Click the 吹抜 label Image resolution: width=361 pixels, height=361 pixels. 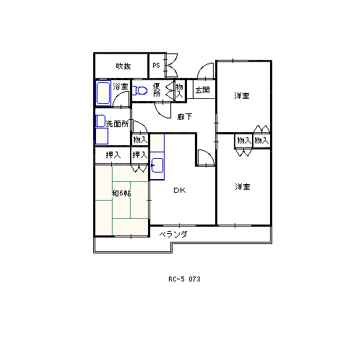(123, 66)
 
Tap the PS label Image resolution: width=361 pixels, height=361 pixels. (156, 66)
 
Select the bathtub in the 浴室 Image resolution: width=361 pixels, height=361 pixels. (103, 93)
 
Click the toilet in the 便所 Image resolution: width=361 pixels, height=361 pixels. (140, 90)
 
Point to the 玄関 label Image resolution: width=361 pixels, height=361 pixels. (202, 90)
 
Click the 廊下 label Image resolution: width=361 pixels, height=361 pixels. (185, 117)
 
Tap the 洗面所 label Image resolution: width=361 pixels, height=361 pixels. (117, 124)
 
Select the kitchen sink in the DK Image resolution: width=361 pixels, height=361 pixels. (157, 165)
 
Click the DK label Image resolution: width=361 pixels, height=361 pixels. (180, 191)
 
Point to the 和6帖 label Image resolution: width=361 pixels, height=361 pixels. (121, 193)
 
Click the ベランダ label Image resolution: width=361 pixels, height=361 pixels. (173, 234)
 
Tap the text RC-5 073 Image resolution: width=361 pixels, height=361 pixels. (184, 279)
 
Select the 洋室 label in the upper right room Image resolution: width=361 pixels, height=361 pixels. (242, 95)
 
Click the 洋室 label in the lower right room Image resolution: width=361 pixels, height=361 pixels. (243, 186)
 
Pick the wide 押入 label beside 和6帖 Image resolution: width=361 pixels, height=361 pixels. (113, 155)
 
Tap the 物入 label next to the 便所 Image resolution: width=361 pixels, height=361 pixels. (179, 90)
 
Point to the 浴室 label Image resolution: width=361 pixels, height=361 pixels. (121, 86)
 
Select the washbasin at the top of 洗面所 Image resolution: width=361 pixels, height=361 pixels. (100, 121)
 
